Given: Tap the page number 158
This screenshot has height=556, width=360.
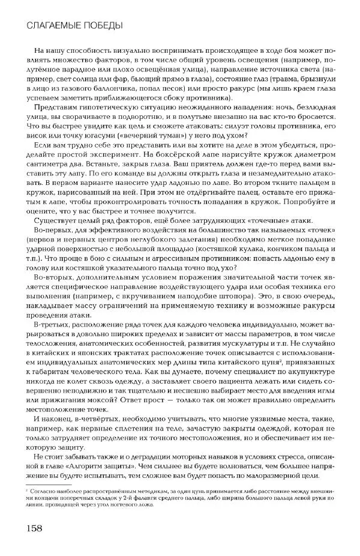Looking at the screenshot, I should pyautogui.click(x=33, y=529).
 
